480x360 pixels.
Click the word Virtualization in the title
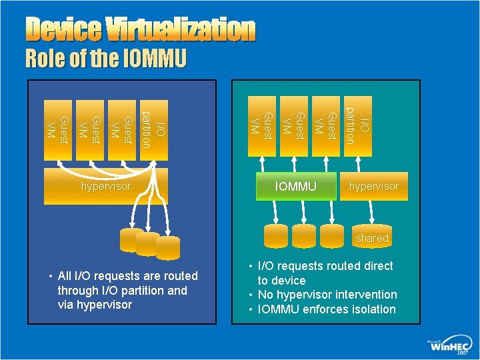179,30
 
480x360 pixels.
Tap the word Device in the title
63,30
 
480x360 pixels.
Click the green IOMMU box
296,187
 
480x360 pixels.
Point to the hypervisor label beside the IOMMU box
373,187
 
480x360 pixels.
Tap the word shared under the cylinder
372,238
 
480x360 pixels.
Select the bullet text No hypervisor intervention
327,295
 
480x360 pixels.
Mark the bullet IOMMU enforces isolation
327,309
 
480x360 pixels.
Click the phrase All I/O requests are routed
128,276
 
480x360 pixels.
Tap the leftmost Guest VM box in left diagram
55,131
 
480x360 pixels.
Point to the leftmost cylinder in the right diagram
275,235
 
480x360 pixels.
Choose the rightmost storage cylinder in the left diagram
167,247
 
